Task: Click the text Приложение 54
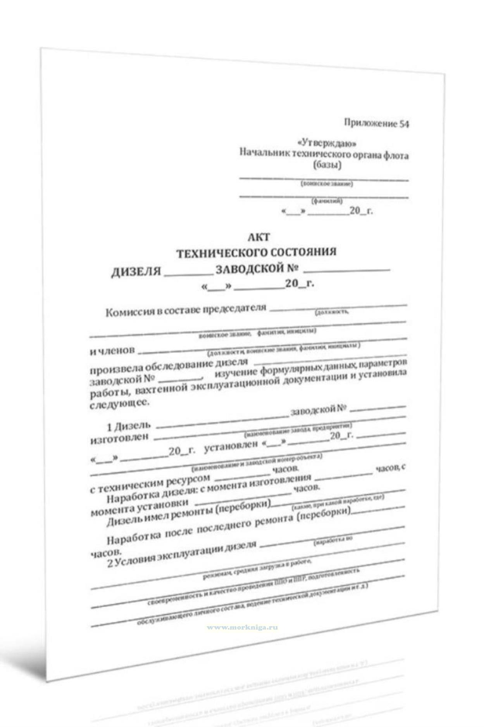[376, 124]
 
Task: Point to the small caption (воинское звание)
[327, 184]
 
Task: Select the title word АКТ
[258, 237]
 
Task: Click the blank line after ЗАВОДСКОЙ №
[347, 269]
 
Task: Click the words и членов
[112, 351]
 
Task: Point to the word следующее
[119, 404]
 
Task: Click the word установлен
[231, 446]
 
